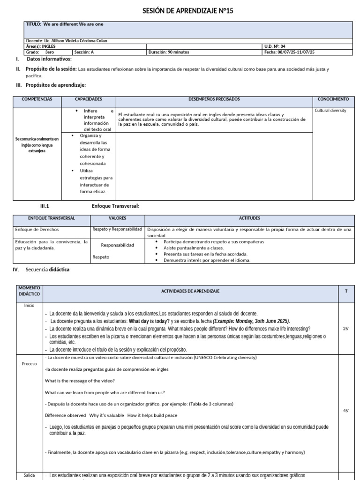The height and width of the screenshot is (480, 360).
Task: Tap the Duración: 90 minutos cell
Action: tap(169, 52)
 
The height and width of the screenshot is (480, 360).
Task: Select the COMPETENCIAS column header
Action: tap(37, 99)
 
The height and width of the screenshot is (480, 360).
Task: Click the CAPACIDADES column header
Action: tap(89, 99)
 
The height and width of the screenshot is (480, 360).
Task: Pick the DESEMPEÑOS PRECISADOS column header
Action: tap(214, 99)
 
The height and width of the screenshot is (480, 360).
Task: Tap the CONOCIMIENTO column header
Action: tap(333, 99)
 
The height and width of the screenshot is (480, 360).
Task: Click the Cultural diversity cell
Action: tap(330, 111)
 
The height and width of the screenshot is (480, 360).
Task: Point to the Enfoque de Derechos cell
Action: tap(37, 230)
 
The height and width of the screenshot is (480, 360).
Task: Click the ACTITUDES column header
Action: tap(249, 218)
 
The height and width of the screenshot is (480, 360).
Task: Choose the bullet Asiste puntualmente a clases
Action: tap(193, 248)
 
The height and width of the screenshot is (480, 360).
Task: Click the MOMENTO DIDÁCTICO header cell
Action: tap(30, 291)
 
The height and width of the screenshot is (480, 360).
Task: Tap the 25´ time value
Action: tap(346, 329)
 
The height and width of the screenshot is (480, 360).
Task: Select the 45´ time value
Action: tap(346, 411)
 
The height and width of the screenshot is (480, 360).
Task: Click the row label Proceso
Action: tap(29, 363)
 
